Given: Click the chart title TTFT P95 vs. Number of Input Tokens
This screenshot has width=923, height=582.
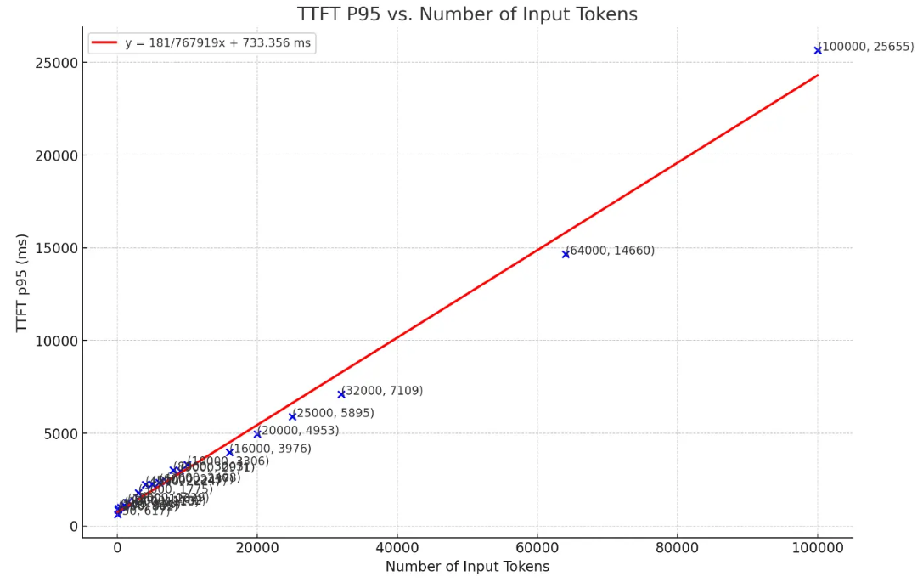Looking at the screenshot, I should click(467, 14).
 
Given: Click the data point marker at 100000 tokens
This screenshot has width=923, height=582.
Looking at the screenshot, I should click(818, 50).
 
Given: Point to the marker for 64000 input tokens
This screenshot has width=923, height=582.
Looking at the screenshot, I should click(566, 254).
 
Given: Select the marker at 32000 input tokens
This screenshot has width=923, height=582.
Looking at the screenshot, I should click(341, 394).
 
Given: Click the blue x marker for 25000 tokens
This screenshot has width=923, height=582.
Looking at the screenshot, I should click(292, 416).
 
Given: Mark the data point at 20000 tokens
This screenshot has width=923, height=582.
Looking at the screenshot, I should click(257, 434).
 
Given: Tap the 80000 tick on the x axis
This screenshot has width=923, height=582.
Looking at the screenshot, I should click(678, 548).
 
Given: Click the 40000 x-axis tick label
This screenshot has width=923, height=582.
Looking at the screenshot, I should click(397, 548).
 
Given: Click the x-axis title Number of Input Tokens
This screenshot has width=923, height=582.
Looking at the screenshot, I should click(467, 567).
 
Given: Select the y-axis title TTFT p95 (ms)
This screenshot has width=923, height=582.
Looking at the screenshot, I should click(22, 282).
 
